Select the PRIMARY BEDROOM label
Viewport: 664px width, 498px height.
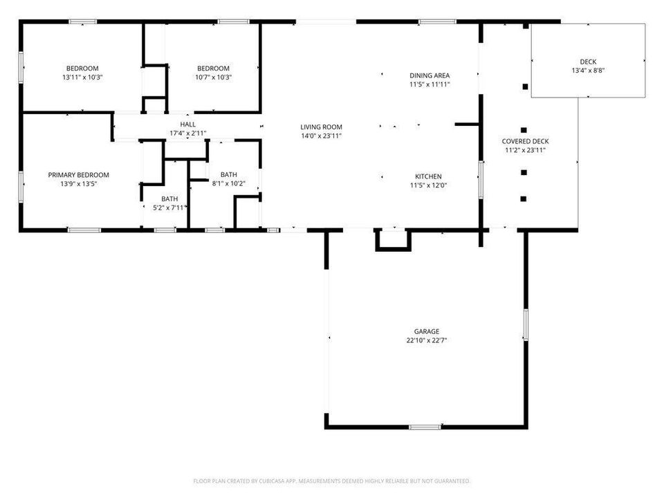click(x=78, y=175)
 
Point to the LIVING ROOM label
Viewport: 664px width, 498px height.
click(x=321, y=127)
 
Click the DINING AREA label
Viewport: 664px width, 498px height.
click(x=430, y=75)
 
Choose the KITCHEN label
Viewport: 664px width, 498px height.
click(x=428, y=176)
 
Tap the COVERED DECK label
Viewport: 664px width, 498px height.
click(x=525, y=141)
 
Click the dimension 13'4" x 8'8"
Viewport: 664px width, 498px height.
click(x=589, y=71)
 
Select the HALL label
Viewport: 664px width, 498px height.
click(x=188, y=124)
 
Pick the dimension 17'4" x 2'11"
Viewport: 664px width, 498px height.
click(x=188, y=133)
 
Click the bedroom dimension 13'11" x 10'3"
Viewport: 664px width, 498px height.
click(x=82, y=77)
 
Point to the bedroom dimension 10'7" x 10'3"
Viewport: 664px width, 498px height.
click(x=213, y=77)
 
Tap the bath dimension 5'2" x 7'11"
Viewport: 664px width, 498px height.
click(x=169, y=207)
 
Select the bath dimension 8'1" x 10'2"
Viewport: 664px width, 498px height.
click(x=228, y=183)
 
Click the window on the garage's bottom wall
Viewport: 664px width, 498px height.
click(x=425, y=427)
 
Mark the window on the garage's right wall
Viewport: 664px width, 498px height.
click(x=526, y=324)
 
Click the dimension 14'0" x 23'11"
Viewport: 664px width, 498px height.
click(x=321, y=136)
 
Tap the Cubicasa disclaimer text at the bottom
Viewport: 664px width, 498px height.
click(x=332, y=481)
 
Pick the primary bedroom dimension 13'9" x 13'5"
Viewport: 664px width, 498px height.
click(x=78, y=184)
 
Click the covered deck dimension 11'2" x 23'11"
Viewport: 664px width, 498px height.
click(x=525, y=149)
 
